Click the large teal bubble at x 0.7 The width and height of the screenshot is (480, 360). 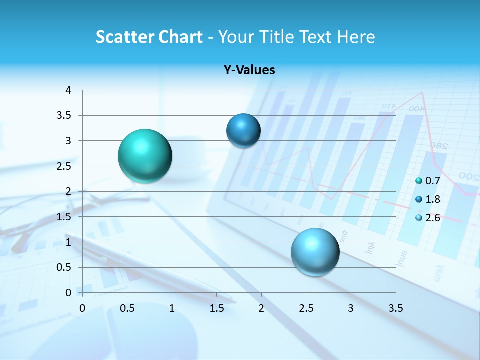click(145, 156)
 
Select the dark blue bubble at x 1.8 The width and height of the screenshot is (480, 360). click(243, 130)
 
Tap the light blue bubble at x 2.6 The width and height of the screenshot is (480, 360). click(315, 252)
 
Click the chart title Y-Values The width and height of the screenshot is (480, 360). click(249, 70)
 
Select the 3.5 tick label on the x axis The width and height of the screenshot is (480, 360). click(395, 307)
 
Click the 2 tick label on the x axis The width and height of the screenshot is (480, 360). click(261, 307)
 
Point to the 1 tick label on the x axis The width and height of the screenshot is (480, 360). click(172, 307)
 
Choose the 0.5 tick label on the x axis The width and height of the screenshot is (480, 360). click(127, 307)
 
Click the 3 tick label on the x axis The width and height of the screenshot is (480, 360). click(350, 307)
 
